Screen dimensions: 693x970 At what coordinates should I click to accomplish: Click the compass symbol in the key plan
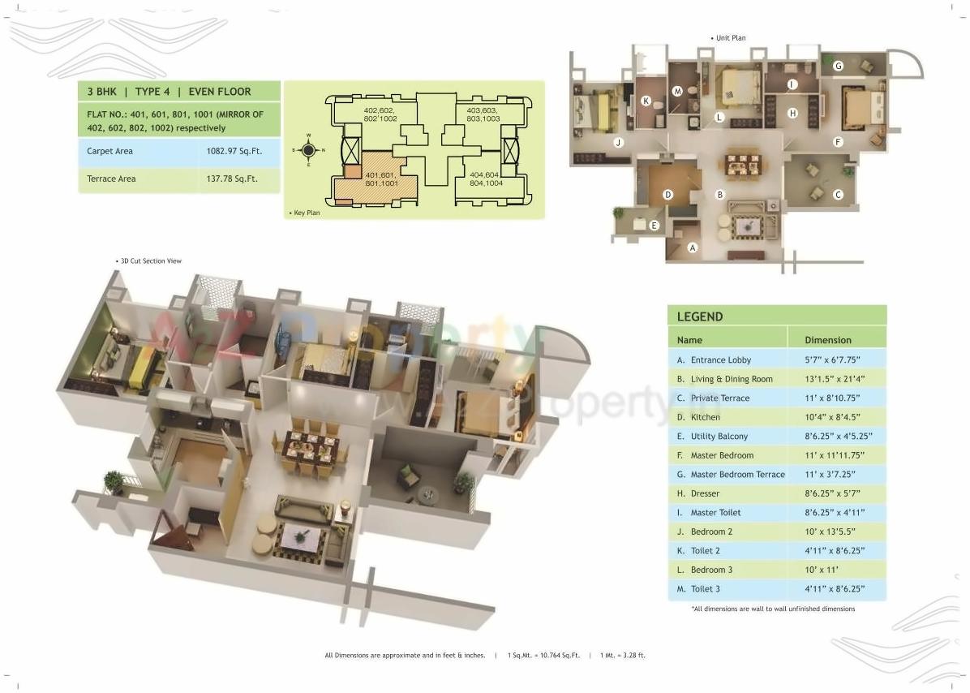tap(308, 150)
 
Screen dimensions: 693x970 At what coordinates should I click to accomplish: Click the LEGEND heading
tap(700, 316)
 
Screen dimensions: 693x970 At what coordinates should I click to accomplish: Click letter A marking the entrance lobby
tap(692, 247)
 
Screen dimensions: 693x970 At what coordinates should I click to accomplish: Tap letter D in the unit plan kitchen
tap(667, 195)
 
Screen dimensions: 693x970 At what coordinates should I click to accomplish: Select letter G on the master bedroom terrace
tap(839, 66)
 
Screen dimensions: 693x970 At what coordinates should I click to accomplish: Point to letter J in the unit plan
tap(618, 143)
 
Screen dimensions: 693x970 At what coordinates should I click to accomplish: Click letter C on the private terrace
tap(839, 194)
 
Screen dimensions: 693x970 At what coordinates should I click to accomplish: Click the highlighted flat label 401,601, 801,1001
tap(380, 179)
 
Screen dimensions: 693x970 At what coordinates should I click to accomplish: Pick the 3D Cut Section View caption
tap(150, 261)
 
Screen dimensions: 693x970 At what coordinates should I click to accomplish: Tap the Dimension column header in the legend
tap(828, 340)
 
